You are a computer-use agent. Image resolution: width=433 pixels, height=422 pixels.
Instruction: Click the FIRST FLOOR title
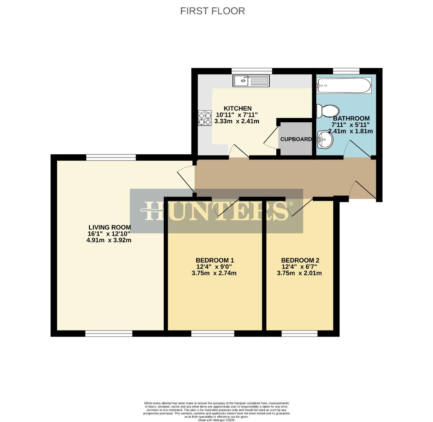tap(213, 11)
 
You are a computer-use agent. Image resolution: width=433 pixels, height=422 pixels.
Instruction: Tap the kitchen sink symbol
tap(252, 81)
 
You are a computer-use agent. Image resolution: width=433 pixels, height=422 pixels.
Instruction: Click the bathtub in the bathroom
tap(344, 86)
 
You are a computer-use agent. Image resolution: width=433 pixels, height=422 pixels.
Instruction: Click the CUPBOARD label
tap(296, 139)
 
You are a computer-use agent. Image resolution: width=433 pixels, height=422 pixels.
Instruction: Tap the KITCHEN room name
tap(237, 108)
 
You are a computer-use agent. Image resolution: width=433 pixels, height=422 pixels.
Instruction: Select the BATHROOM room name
tap(351, 118)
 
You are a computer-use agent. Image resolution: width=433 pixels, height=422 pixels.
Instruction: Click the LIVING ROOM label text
tap(109, 227)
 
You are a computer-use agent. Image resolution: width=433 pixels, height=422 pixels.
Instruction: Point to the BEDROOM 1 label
tap(215, 260)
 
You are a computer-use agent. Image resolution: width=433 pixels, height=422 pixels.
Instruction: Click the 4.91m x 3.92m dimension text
tap(109, 240)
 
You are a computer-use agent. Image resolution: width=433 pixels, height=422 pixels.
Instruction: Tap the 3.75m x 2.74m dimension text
tap(214, 273)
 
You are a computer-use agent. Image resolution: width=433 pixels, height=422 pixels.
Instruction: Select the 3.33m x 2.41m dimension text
tap(237, 121)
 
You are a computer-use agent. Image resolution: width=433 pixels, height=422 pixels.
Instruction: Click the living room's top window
tap(111, 157)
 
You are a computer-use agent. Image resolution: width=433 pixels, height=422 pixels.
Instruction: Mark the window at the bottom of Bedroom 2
tap(299, 333)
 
